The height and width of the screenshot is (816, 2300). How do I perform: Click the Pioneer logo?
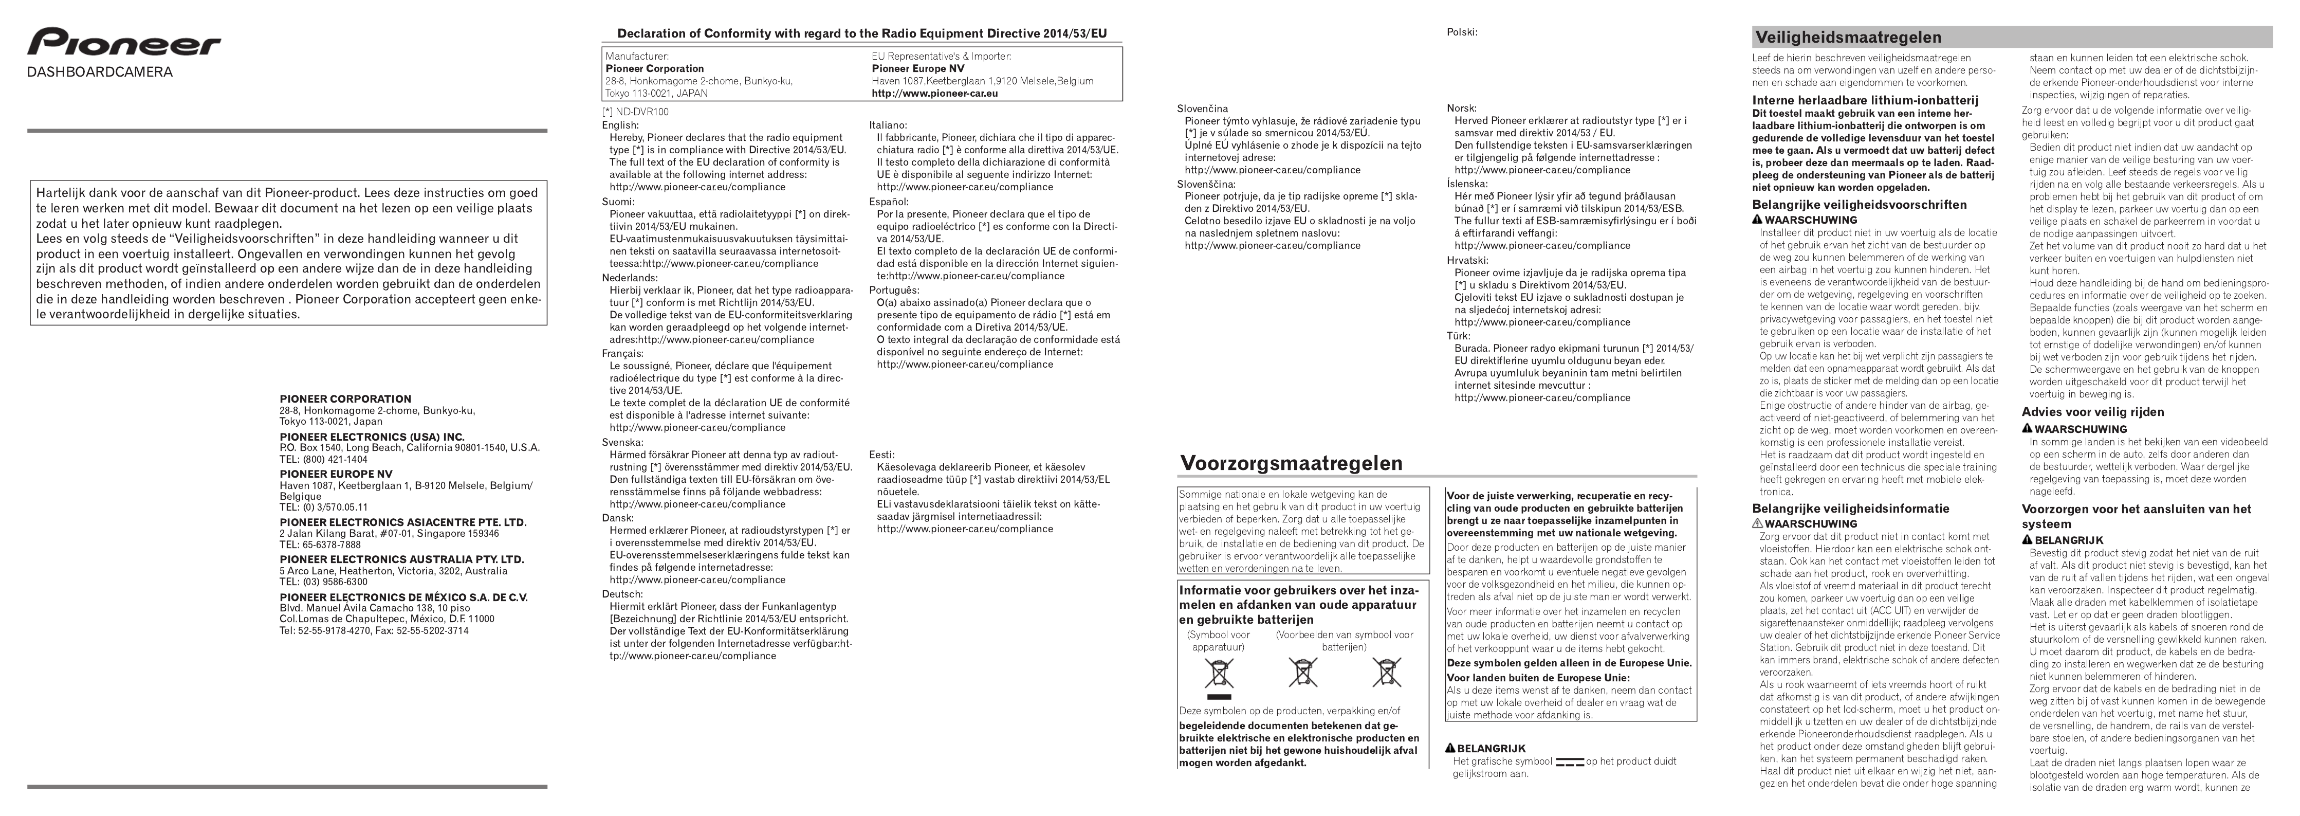123,43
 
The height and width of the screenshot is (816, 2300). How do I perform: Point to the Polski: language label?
1462,32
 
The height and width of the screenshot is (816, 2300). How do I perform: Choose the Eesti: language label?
881,455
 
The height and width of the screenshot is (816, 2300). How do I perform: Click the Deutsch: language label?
621,594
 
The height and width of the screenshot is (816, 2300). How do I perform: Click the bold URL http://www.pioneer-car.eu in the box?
934,93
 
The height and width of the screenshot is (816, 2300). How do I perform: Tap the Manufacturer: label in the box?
637,56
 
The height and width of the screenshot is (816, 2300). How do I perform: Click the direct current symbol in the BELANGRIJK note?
1569,761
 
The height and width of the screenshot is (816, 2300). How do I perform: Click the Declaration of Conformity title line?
861,34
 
